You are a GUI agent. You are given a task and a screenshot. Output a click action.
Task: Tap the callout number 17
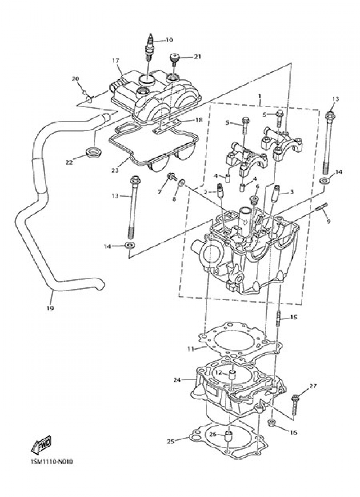(115, 61)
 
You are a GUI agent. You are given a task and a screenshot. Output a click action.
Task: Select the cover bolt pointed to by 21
(174, 59)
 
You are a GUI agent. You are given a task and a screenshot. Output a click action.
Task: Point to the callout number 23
(115, 170)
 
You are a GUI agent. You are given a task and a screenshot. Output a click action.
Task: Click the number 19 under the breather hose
(50, 308)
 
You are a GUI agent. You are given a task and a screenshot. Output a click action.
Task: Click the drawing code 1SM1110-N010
(51, 461)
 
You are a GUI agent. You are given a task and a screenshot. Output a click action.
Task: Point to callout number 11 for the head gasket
(190, 349)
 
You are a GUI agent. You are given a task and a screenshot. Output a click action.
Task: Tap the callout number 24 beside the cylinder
(177, 380)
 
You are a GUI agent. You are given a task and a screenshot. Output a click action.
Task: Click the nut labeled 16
(273, 422)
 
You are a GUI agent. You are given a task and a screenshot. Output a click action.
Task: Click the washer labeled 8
(182, 183)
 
